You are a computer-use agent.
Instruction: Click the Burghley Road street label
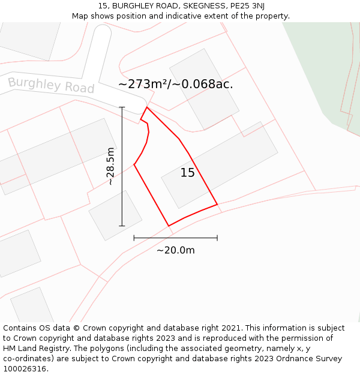coord(51,85)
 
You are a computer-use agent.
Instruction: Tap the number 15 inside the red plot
coord(187,173)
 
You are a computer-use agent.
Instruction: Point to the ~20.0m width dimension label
coord(175,250)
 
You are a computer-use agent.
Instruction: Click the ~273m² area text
coord(144,84)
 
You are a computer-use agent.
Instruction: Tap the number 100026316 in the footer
coord(25,368)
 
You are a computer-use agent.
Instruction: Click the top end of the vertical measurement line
coord(122,107)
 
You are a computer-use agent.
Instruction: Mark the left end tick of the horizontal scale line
coord(134,238)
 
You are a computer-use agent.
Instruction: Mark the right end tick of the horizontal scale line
coord(217,238)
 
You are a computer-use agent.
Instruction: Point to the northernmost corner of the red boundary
coord(146,107)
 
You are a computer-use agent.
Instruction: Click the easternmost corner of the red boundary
coord(217,205)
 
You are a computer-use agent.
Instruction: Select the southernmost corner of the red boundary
coord(169,226)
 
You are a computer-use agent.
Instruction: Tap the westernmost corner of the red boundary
coord(134,164)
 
